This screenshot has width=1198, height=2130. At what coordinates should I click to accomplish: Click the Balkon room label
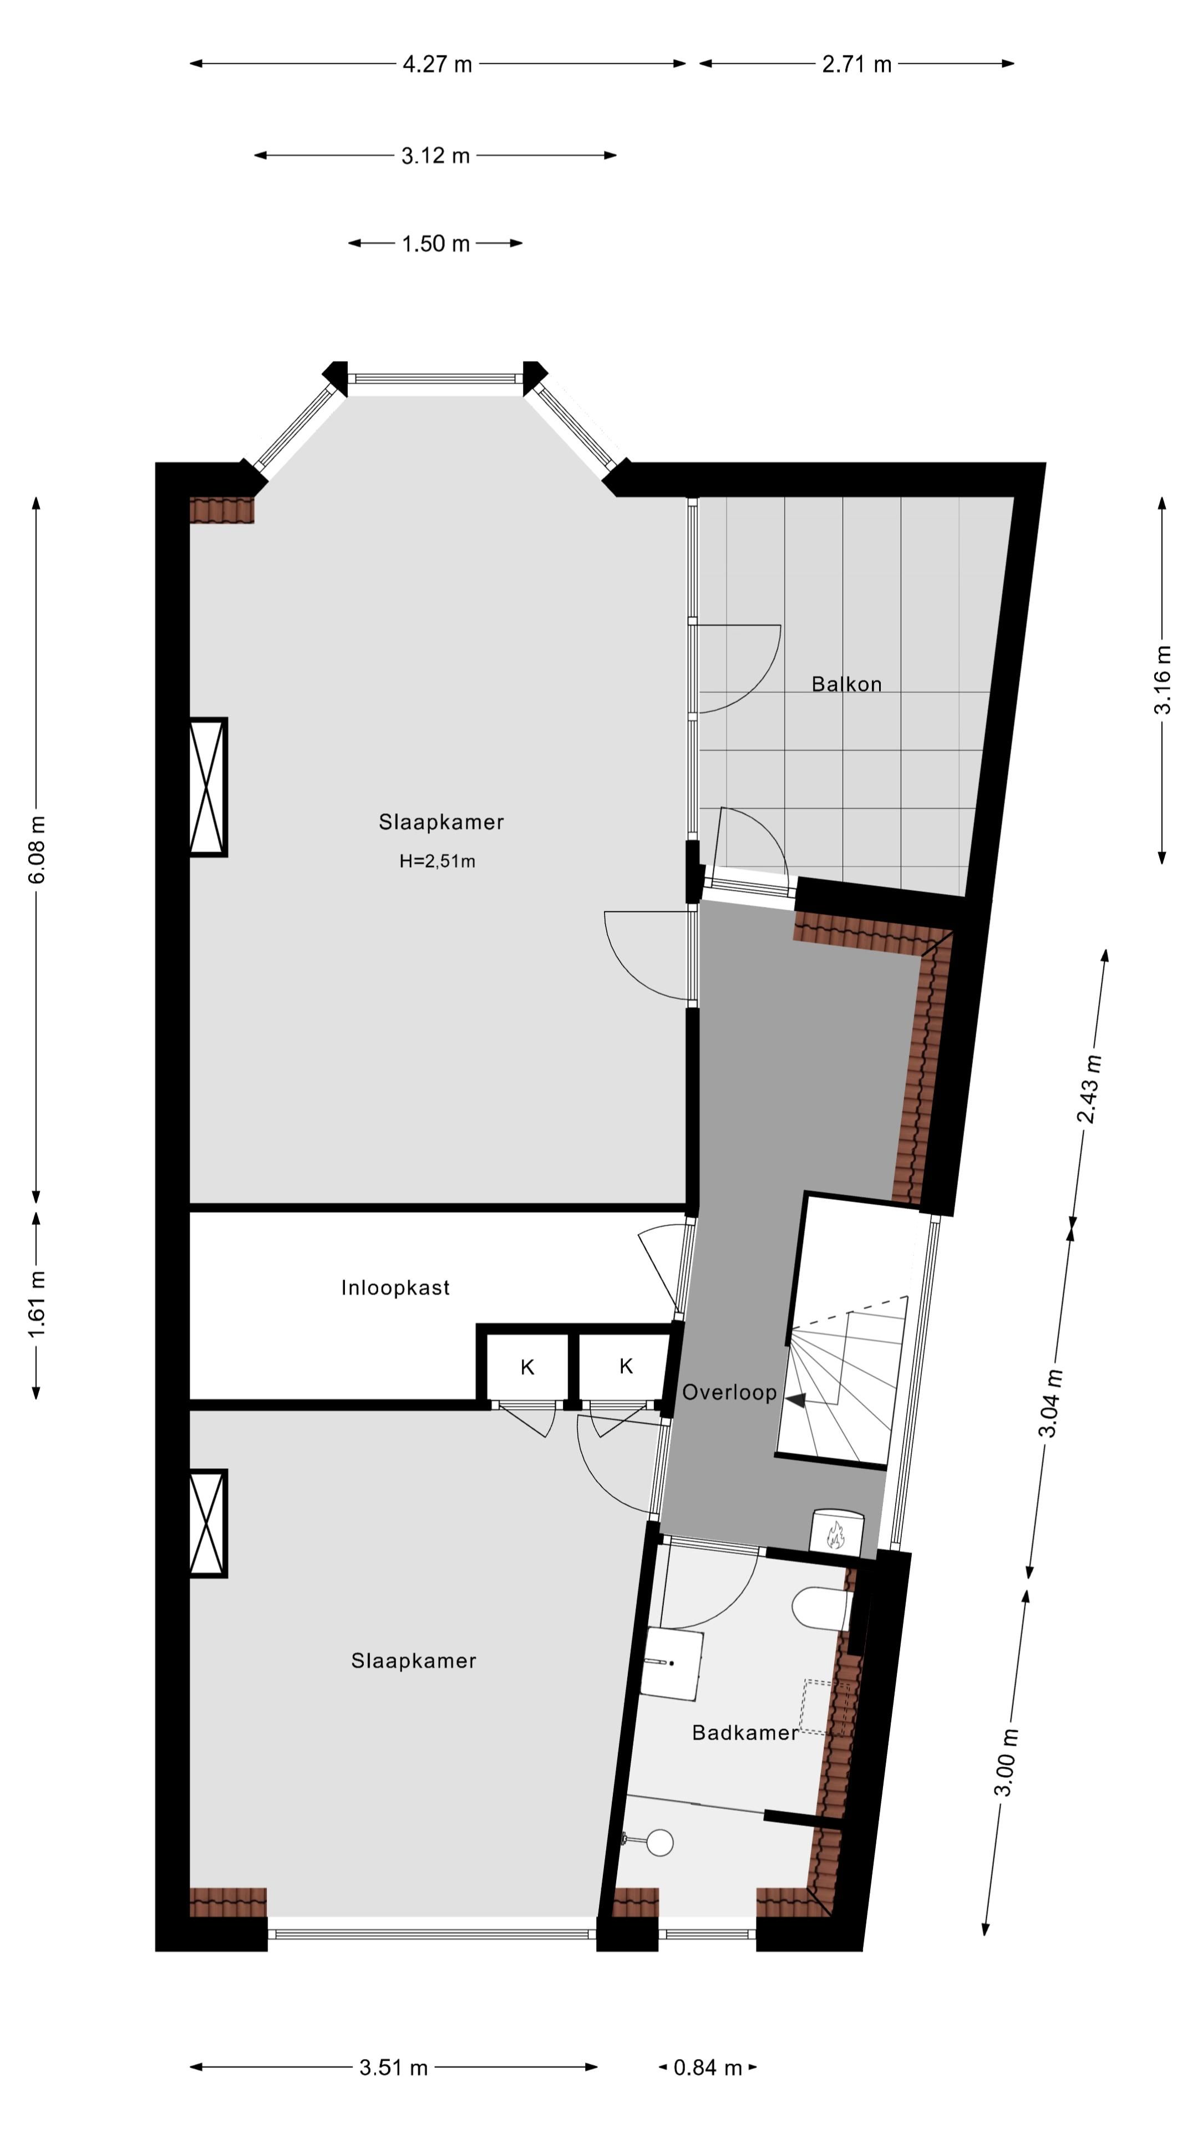click(x=846, y=684)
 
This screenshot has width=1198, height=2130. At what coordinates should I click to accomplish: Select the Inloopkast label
click(x=395, y=1287)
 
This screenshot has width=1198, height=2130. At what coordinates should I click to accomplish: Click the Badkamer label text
click(x=745, y=1733)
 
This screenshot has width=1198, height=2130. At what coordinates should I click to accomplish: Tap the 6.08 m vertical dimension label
click(x=37, y=849)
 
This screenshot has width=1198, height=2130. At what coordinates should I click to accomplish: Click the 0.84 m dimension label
click(x=708, y=2068)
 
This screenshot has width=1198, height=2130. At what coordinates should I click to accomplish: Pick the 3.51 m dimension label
click(x=394, y=2068)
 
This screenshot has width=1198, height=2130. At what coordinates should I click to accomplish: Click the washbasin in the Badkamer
click(x=671, y=1663)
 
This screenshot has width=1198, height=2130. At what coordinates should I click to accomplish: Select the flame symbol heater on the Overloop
click(x=836, y=1534)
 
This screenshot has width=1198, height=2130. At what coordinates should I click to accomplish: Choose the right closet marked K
click(x=625, y=1366)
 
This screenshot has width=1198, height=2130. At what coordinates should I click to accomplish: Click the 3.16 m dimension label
click(x=1161, y=679)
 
